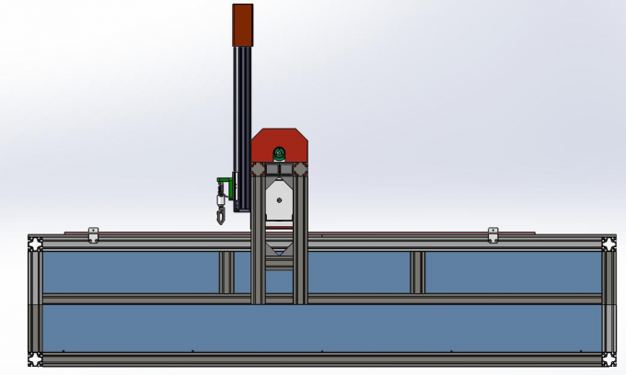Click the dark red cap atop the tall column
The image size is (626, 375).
242,24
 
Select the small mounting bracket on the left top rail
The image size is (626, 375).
92,234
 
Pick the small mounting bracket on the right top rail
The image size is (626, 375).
493,234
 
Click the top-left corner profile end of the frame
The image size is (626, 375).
35,244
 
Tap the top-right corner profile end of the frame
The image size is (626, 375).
609,244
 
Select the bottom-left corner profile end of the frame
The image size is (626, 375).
35,358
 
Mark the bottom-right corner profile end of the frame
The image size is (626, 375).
609,358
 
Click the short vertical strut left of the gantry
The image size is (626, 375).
226,272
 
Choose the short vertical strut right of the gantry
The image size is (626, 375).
417,272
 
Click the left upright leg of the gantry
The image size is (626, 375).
258,248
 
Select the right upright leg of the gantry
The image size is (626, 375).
300,248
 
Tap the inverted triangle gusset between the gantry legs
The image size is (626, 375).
279,249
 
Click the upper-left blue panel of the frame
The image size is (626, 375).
129,272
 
